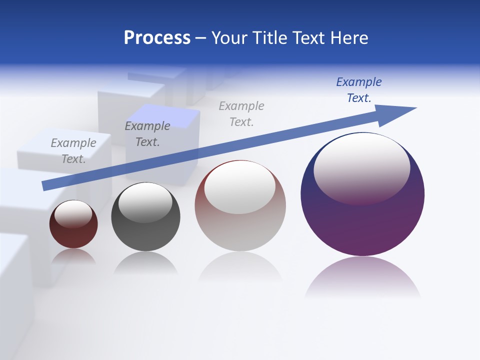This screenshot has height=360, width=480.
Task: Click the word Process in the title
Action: coord(157,38)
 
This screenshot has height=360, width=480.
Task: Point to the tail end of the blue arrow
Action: coord(45,185)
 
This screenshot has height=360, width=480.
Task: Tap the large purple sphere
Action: coord(362,225)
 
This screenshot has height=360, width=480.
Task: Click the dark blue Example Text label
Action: coord(358,90)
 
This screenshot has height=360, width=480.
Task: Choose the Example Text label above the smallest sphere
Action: coord(73,151)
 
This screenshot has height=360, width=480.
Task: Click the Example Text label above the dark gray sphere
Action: coord(147,134)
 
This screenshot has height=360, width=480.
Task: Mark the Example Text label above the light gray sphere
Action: coord(241,114)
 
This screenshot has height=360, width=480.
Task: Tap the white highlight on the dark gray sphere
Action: coord(145,201)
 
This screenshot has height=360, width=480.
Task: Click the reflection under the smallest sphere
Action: coord(73,256)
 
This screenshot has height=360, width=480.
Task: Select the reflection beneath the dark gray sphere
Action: coord(145,263)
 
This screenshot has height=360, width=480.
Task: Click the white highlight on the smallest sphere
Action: coord(73,213)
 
